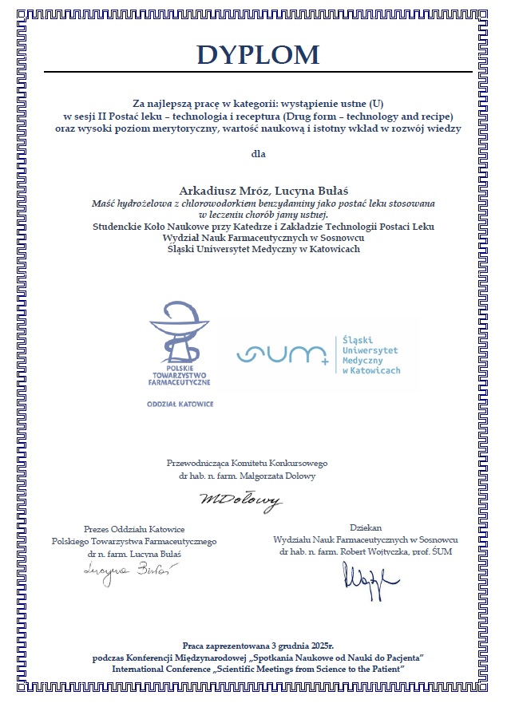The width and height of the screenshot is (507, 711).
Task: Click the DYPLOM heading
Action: coord(258,55)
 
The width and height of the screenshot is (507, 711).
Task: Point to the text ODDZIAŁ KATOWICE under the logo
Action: coord(180,405)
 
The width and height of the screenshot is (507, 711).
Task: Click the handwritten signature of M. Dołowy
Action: coord(241,501)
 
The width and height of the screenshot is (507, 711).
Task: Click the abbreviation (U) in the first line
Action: coord(371,105)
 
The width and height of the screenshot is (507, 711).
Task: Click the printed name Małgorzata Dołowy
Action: coord(271,476)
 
